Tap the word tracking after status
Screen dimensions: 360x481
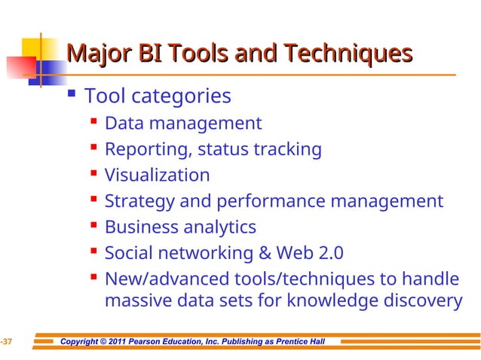tap(287, 149)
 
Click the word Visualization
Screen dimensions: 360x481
tap(157, 175)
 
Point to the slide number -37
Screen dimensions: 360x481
tap(6, 343)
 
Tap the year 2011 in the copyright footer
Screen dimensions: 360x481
tap(117, 343)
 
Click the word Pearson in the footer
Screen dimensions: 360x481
tap(149, 343)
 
